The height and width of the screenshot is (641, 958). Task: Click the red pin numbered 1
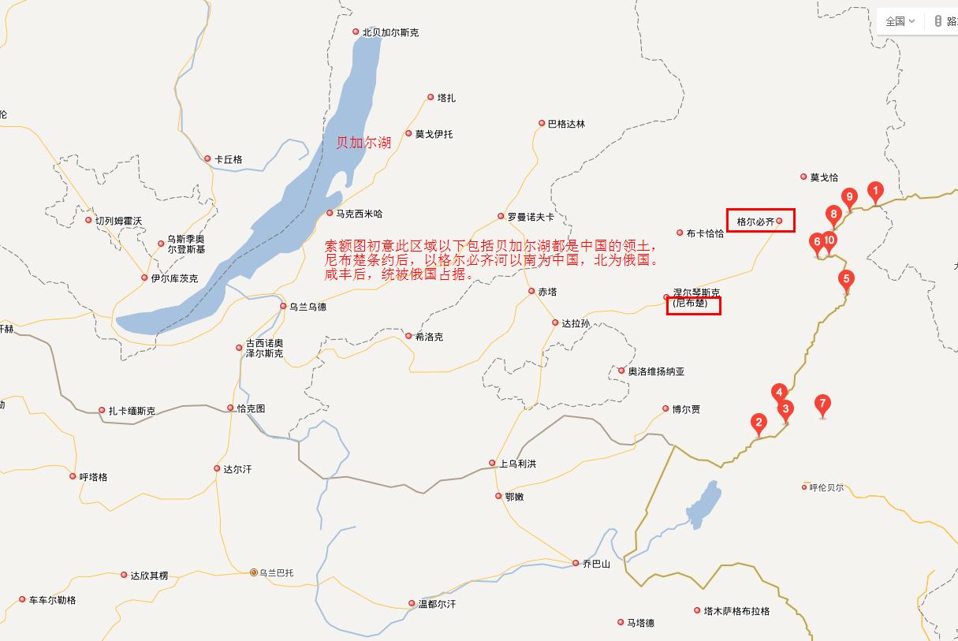(x=874, y=191)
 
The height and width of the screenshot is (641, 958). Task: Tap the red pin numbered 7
(x=822, y=405)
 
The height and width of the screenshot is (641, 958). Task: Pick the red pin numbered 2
(x=759, y=423)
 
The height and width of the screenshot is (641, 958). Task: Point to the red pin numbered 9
(x=849, y=197)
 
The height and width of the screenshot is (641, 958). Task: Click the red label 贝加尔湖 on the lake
(x=363, y=143)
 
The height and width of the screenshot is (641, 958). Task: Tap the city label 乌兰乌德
(x=308, y=307)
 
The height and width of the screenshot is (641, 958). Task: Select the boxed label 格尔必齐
(x=755, y=222)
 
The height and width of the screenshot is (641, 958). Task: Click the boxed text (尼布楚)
(x=691, y=304)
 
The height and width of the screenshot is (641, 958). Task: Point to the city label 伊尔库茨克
(x=174, y=278)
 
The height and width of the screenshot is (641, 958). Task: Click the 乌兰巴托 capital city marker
(x=254, y=572)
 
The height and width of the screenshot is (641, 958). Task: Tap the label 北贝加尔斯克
(x=390, y=32)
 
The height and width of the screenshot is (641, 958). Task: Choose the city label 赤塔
(x=547, y=292)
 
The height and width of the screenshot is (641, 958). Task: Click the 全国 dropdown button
(x=900, y=21)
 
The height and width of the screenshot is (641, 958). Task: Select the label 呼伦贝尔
(x=826, y=487)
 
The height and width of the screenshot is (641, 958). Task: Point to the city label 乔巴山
(x=595, y=564)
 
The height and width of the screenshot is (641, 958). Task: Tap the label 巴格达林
(x=567, y=124)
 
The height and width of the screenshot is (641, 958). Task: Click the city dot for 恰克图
(x=230, y=408)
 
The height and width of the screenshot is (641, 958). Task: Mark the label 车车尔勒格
(x=52, y=600)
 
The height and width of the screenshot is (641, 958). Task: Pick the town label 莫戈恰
(x=824, y=177)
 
